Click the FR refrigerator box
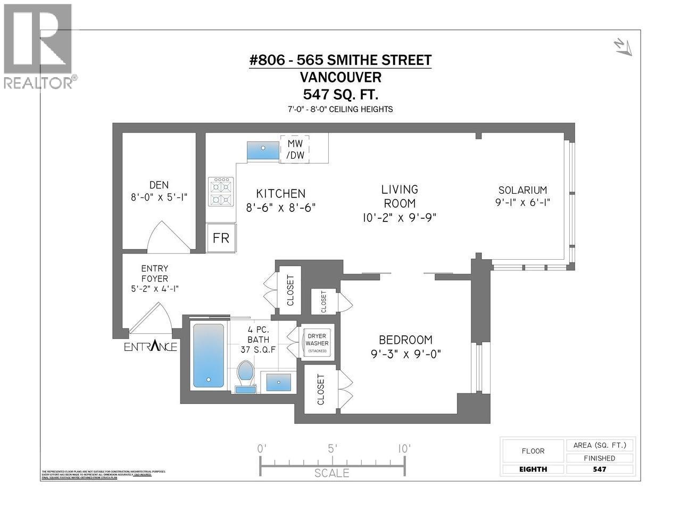221,237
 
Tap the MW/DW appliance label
295,150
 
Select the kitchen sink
263,151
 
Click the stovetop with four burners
222,192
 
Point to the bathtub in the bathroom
209,355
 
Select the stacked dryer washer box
318,342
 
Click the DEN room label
159,185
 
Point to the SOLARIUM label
522,190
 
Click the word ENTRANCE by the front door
151,347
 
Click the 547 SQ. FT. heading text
340,94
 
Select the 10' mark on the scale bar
404,449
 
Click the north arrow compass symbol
622,47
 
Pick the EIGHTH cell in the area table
533,469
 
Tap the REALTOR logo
38,45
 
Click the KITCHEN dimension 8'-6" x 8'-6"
280,207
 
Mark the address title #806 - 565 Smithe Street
340,60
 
